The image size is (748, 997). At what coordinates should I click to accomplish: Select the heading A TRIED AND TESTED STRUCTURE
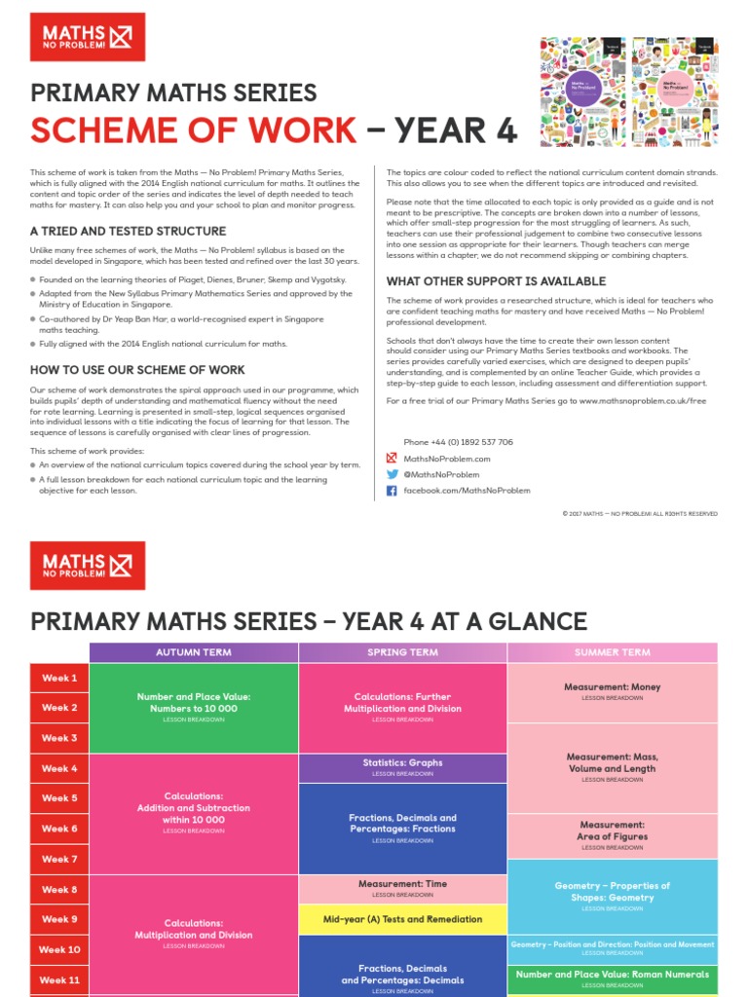pos(128,232)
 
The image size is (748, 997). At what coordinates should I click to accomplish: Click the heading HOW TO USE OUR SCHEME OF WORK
pos(137,370)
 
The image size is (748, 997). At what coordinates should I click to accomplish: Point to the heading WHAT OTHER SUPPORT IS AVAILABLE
pos(496,281)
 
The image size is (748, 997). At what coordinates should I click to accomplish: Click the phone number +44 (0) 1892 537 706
pos(458,442)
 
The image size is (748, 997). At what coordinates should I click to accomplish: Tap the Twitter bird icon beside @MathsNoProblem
pos(392,474)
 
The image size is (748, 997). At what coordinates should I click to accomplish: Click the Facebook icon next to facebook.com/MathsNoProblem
pos(392,491)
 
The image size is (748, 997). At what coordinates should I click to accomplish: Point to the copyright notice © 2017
pos(639,513)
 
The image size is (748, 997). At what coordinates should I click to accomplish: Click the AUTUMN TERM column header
pos(194,652)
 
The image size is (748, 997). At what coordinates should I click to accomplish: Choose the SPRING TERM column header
pos(402,652)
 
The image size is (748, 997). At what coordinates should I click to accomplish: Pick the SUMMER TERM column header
pos(612,652)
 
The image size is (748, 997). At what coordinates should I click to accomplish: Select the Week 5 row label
pos(59,798)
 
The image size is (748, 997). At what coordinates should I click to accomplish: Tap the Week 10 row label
pos(59,949)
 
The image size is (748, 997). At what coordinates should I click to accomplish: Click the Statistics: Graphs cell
pos(402,767)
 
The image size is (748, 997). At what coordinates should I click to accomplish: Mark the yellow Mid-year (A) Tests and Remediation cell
pos(402,919)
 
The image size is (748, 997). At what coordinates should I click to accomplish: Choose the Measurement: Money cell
pos(612,691)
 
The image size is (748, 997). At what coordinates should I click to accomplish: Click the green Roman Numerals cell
pos(612,979)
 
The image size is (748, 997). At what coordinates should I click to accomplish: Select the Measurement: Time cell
pos(402,888)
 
